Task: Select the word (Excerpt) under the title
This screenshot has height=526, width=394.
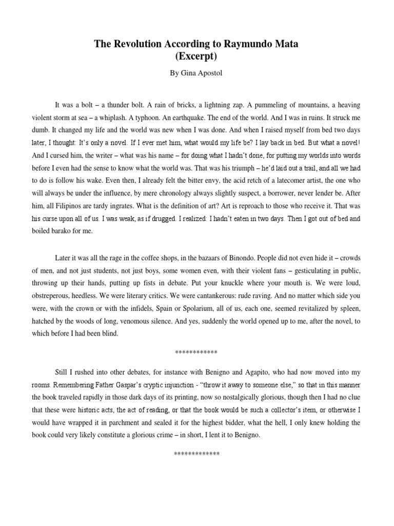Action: (196, 56)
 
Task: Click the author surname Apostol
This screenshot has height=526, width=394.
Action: (211, 73)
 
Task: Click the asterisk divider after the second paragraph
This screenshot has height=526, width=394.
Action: (196, 352)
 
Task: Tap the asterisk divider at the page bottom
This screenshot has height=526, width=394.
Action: (196, 454)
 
